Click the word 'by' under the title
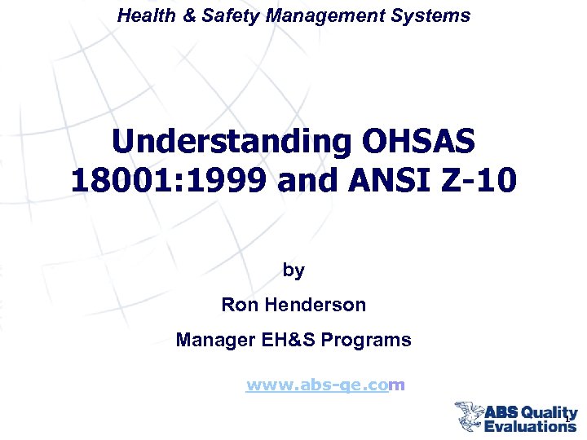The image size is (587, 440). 293,270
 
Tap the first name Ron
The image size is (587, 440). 238,306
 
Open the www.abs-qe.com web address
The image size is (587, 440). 325,385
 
